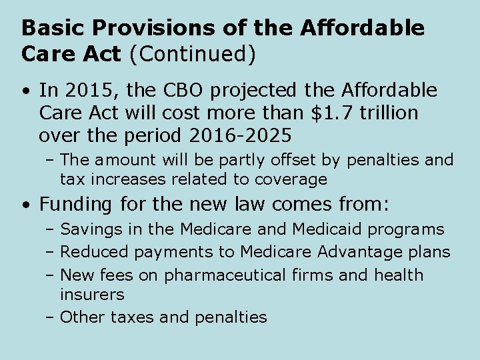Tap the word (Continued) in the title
193,55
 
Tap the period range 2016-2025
240,135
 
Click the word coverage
292,179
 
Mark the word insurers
92,293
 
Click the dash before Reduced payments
51,253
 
